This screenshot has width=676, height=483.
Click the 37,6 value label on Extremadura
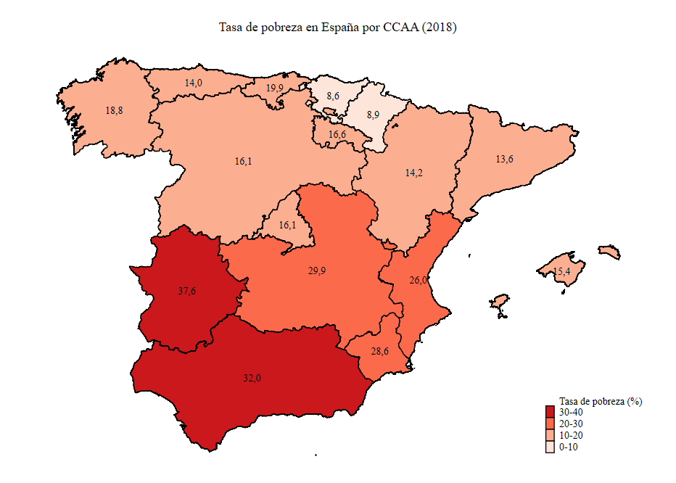pos(187,291)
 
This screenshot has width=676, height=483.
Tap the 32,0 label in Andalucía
pos(252,378)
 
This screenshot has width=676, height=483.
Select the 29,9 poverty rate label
pos(316,271)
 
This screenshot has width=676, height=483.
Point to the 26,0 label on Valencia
pos(419,280)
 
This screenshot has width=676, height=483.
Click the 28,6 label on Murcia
pos(379,351)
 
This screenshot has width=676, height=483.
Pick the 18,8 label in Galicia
pos(114,111)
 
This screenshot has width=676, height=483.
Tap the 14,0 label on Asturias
pos(193,83)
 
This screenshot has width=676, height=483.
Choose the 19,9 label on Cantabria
pos(275,88)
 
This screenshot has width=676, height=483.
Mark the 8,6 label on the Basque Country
pos(333,96)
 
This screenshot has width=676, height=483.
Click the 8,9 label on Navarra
pos(374,115)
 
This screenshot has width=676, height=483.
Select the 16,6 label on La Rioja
pos(337,134)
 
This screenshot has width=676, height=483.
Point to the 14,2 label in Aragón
pos(413,173)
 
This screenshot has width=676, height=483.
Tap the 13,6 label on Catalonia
pos(504,159)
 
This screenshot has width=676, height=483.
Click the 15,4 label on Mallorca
pos(562,272)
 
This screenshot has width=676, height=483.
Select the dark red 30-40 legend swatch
pos(551,413)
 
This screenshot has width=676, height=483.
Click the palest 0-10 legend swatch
pos(551,447)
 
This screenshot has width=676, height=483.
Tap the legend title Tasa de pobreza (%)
pos(601,401)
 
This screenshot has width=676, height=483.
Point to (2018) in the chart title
pos(437,28)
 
